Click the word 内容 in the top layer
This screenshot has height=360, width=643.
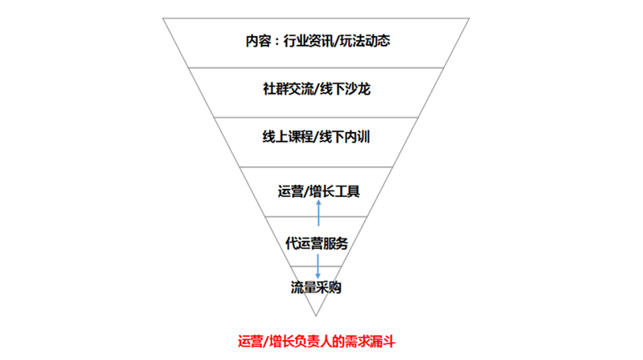click(x=258, y=41)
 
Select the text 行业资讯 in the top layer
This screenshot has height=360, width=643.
click(x=309, y=41)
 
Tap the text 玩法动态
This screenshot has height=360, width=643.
click(x=365, y=41)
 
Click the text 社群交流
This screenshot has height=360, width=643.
click(x=289, y=89)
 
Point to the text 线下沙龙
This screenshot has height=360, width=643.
click(x=345, y=89)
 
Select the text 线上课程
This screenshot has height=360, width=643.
click(x=288, y=137)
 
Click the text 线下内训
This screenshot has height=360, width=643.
click(x=345, y=137)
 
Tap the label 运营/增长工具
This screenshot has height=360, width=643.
click(x=318, y=191)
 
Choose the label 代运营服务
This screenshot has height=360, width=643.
click(x=317, y=243)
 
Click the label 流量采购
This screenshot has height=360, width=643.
click(x=316, y=288)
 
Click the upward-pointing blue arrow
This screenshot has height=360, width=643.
click(x=318, y=213)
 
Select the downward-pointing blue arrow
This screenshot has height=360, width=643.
click(x=317, y=267)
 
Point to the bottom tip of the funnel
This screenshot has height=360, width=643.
click(x=316, y=316)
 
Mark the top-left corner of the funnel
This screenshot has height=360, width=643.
click(x=163, y=18)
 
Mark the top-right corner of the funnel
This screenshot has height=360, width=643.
click(x=469, y=18)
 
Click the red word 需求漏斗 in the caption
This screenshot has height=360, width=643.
click(x=370, y=342)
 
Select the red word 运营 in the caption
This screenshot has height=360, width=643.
click(x=251, y=342)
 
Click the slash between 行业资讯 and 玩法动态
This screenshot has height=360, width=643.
click(x=337, y=41)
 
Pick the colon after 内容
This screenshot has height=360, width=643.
click(x=276, y=42)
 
